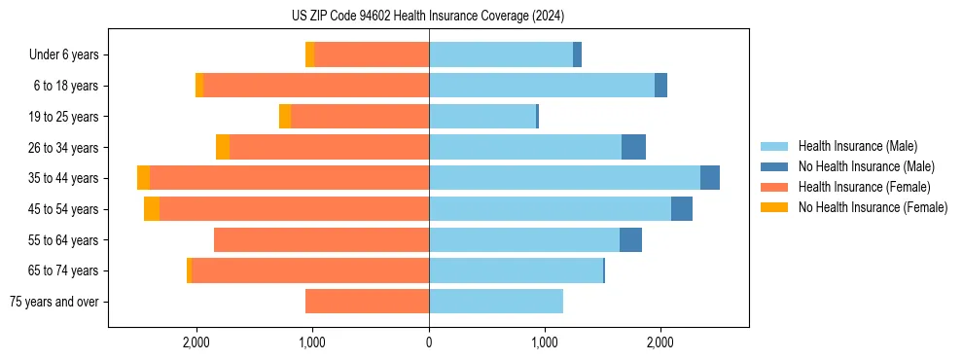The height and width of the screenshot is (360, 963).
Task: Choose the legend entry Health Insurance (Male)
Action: coord(857,146)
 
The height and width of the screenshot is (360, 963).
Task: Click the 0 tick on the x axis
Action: coord(429,343)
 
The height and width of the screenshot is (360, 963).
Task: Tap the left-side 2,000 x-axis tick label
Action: coord(196,343)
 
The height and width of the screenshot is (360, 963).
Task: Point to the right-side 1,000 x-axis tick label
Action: coord(545,343)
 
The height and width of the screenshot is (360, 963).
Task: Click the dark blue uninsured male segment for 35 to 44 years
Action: coord(710,178)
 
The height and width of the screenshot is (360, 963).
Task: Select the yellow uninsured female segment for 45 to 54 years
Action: coord(152,209)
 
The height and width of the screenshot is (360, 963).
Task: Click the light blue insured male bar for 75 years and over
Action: coord(496,302)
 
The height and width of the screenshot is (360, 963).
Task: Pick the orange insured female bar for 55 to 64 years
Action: coord(321,240)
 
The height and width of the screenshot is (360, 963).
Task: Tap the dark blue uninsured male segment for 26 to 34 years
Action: coord(633,148)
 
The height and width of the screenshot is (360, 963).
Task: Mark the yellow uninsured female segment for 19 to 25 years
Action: coord(285,117)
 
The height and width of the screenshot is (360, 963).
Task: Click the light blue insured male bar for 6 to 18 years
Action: coord(542,86)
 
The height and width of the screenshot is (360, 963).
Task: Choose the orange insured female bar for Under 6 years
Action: coord(372,55)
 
